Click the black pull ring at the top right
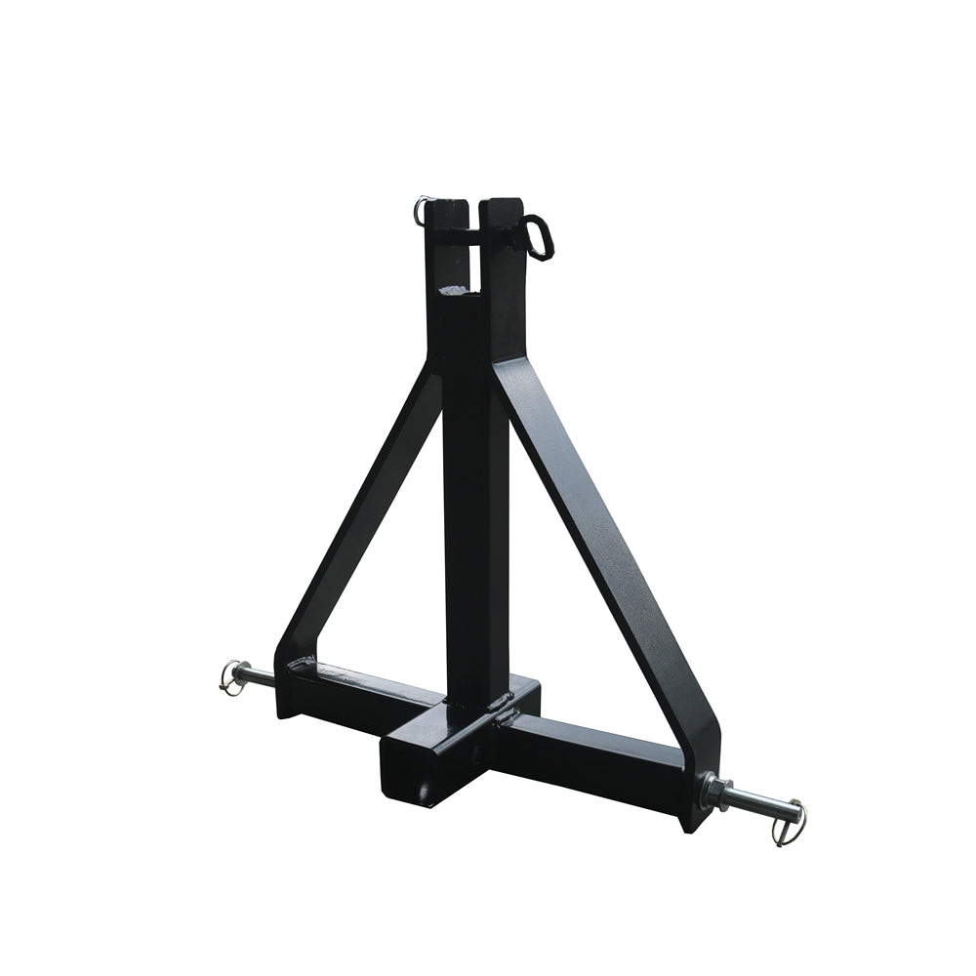coord(539,236)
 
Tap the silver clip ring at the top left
coord(421,209)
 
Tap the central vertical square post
coord(474,508)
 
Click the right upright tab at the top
coord(504,254)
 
